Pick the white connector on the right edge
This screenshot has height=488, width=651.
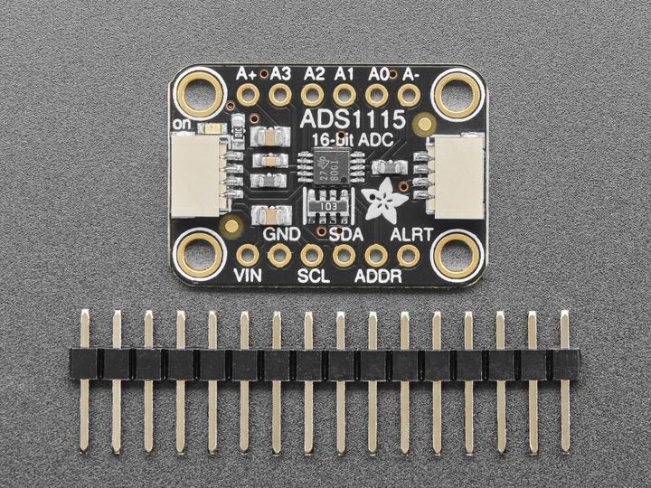(x=458, y=175)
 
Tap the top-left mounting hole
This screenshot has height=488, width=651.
(x=202, y=93)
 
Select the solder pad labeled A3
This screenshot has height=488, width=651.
(x=279, y=95)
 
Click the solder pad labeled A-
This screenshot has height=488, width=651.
(x=409, y=95)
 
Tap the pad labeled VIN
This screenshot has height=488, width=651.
(x=248, y=255)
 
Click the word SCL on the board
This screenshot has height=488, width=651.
(x=312, y=275)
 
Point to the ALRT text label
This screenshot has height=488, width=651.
(x=411, y=235)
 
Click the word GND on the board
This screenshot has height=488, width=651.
(x=280, y=234)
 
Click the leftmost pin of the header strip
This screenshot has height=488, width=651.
(x=85, y=380)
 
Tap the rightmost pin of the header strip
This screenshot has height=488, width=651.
(x=565, y=380)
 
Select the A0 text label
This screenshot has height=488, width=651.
(x=379, y=73)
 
